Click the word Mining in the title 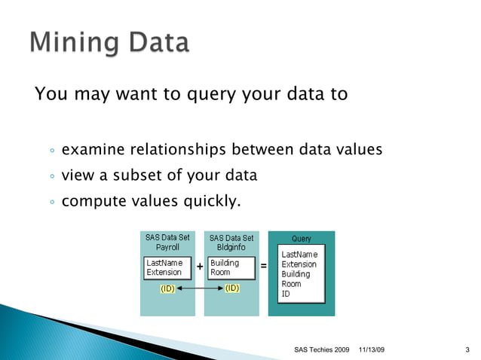tap(70, 43)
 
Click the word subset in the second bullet tap(140, 175)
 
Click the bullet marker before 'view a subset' tap(51, 177)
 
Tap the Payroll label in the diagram tap(167, 247)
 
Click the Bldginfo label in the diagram tap(231, 247)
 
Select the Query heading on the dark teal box tap(301, 239)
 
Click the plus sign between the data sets tap(199, 267)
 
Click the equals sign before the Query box tap(263, 267)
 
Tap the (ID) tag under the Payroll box tap(167, 288)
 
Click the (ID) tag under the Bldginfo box tap(232, 288)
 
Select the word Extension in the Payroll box tap(164, 272)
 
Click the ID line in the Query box tap(286, 294)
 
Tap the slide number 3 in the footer tap(468, 350)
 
